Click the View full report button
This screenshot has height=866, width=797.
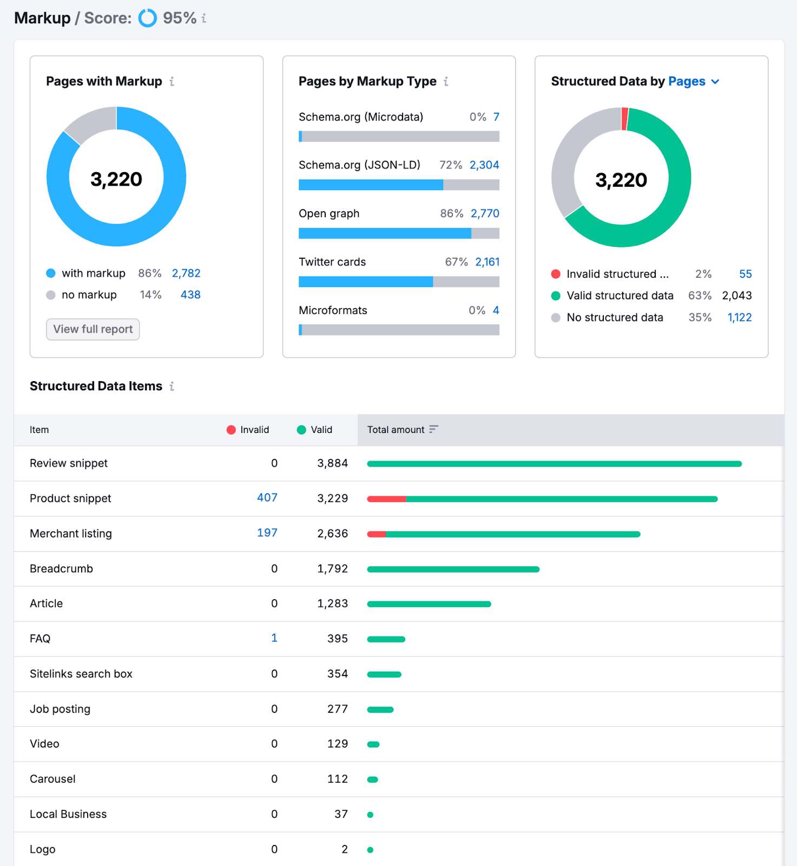(x=93, y=329)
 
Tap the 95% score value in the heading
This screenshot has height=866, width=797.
(x=179, y=18)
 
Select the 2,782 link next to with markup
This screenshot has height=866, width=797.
(x=186, y=273)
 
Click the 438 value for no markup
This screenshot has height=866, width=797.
(x=190, y=295)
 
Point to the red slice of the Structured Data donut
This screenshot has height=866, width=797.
(x=624, y=119)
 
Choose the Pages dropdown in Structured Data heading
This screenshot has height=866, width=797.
(x=694, y=81)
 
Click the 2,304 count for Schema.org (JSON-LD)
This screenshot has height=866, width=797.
(x=484, y=165)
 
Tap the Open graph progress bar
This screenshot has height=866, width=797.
(x=399, y=233)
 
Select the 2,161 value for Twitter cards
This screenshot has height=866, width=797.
(x=487, y=262)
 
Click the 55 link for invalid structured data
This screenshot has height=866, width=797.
(x=745, y=274)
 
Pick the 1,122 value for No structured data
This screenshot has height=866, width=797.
(x=739, y=318)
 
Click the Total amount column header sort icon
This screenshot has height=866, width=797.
(x=433, y=429)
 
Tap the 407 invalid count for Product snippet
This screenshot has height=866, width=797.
(x=267, y=497)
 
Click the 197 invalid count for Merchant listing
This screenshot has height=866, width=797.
(x=267, y=533)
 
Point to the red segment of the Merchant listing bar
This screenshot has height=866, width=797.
(x=377, y=534)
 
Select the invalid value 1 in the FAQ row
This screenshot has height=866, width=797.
(x=274, y=638)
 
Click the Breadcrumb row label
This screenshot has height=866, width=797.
(x=61, y=569)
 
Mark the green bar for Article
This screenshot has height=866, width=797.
(x=429, y=604)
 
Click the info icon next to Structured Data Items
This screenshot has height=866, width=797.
(x=172, y=386)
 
